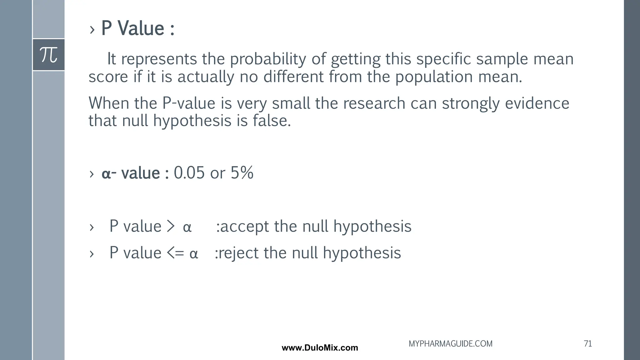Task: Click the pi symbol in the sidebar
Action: pos(49,55)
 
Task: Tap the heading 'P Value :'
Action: pos(137,28)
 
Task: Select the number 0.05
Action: pos(189,172)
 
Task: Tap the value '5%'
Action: pos(242,172)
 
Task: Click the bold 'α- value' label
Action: pos(131,173)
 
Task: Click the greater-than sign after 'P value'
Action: pos(171,226)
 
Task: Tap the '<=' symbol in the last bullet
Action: pos(175,253)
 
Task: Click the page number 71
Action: pos(587,344)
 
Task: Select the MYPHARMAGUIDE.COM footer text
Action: pos(450,344)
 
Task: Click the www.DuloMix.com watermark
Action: pos(320,348)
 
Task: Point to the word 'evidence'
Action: pos(537,103)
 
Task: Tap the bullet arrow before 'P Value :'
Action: pos(92,30)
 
